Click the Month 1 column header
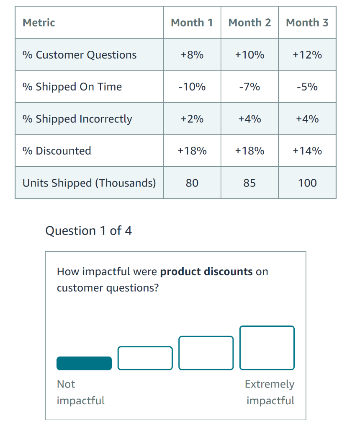click(192, 23)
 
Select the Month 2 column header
click(249, 23)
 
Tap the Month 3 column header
click(307, 23)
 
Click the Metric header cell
click(39, 23)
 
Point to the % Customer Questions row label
click(80, 55)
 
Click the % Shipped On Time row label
click(72, 87)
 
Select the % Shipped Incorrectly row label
click(77, 119)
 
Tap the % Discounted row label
click(57, 151)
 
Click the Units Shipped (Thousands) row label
click(89, 183)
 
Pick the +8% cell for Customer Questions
click(192, 55)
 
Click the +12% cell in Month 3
click(307, 55)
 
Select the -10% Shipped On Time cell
click(192, 87)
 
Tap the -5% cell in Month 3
click(307, 87)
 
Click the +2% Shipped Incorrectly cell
click(192, 119)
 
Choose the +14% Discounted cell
click(307, 151)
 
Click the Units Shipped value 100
click(307, 183)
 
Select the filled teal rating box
click(84, 363)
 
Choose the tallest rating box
click(267, 348)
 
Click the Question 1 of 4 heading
click(88, 231)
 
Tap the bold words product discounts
click(206, 271)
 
